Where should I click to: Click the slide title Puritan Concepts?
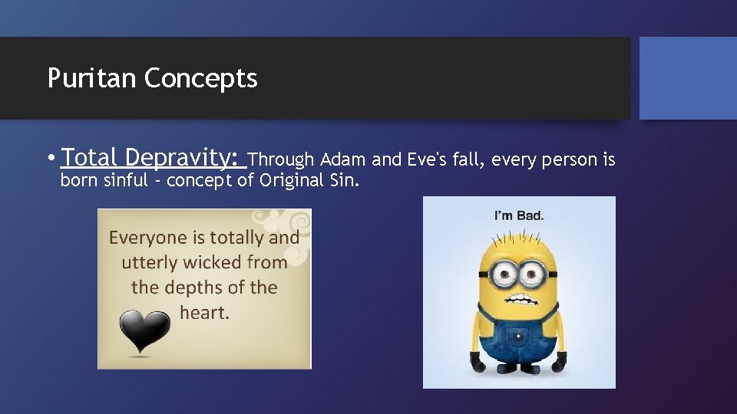click(152, 78)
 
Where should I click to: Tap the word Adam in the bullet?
click(343, 159)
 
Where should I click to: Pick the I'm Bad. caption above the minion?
click(518, 215)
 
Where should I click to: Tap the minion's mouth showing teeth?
click(519, 299)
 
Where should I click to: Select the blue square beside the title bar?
click(688, 78)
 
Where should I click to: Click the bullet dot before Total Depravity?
click(51, 159)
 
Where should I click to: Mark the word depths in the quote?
click(203, 287)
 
